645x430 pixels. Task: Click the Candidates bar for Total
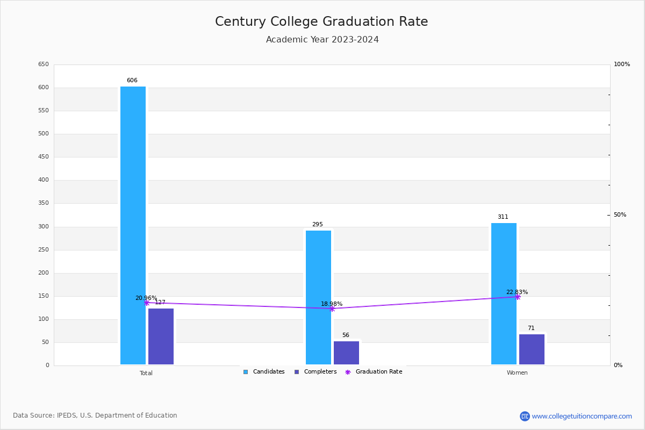click(x=133, y=226)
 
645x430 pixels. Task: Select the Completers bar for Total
click(x=161, y=336)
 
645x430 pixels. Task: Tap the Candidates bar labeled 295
click(x=318, y=297)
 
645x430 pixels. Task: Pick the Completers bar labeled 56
click(x=346, y=353)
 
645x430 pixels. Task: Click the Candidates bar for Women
click(x=504, y=293)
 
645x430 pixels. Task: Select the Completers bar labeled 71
click(x=532, y=349)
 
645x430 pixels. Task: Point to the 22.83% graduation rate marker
click(x=517, y=297)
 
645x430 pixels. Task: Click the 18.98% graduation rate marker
click(x=332, y=309)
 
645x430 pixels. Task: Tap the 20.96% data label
click(x=146, y=298)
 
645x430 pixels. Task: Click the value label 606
click(x=132, y=81)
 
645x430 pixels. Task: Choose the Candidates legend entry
click(x=264, y=372)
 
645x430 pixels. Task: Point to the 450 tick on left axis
click(x=43, y=157)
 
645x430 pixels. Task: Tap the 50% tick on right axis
click(x=620, y=215)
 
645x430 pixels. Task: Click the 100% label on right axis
click(x=622, y=64)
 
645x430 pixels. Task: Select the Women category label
click(x=517, y=373)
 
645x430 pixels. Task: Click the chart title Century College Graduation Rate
click(x=321, y=21)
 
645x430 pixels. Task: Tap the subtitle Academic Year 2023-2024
click(x=322, y=40)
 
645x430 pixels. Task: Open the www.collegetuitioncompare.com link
click(x=582, y=416)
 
